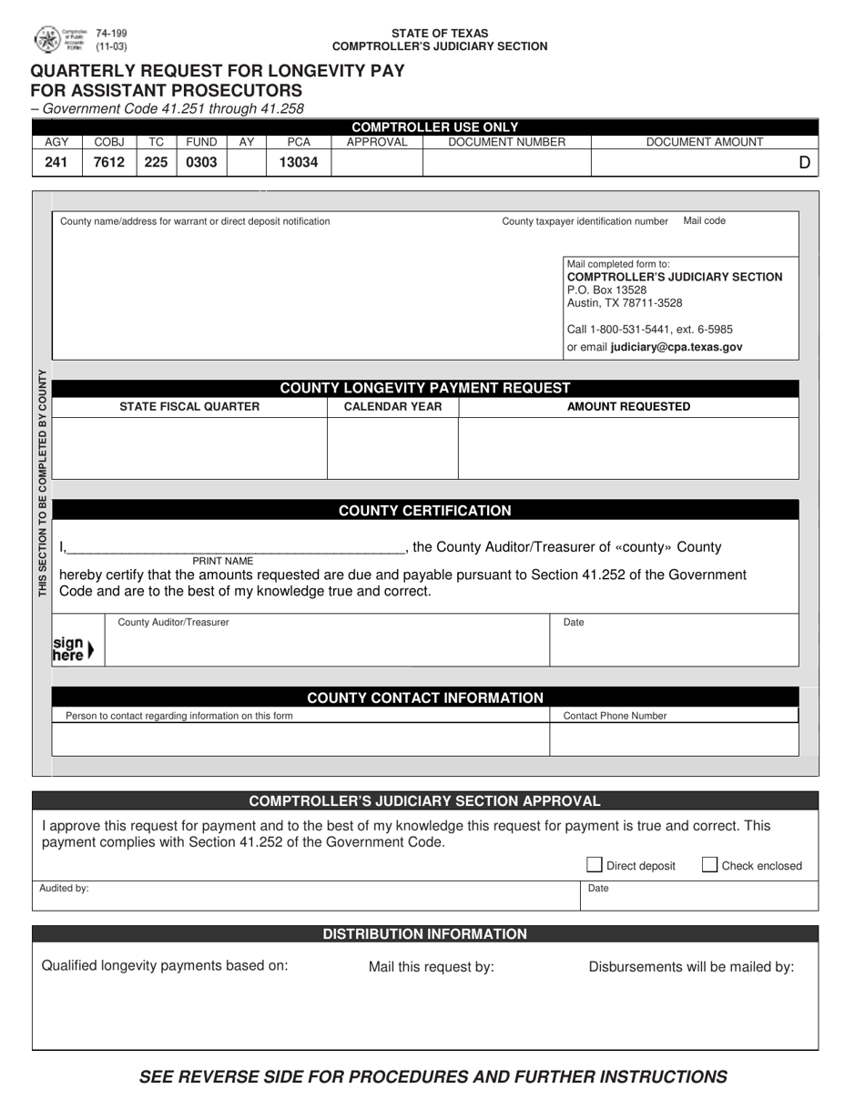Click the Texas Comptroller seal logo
coord(47,39)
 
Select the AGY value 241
coord(56,162)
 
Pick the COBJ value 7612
coord(108,162)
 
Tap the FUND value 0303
coord(201,162)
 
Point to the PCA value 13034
coord(298,162)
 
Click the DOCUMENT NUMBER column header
coord(506,142)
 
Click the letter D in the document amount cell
coord(804,163)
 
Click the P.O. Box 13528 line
coord(606,290)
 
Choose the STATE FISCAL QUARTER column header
coord(189,407)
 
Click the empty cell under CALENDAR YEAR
coord(392,448)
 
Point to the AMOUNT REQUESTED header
coord(628,407)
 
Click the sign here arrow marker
coord(73,648)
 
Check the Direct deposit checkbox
coord(595,865)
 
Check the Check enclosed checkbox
coord(710,865)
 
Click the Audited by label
coord(64,888)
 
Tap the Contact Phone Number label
coord(615,716)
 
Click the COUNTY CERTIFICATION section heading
coord(424,511)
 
